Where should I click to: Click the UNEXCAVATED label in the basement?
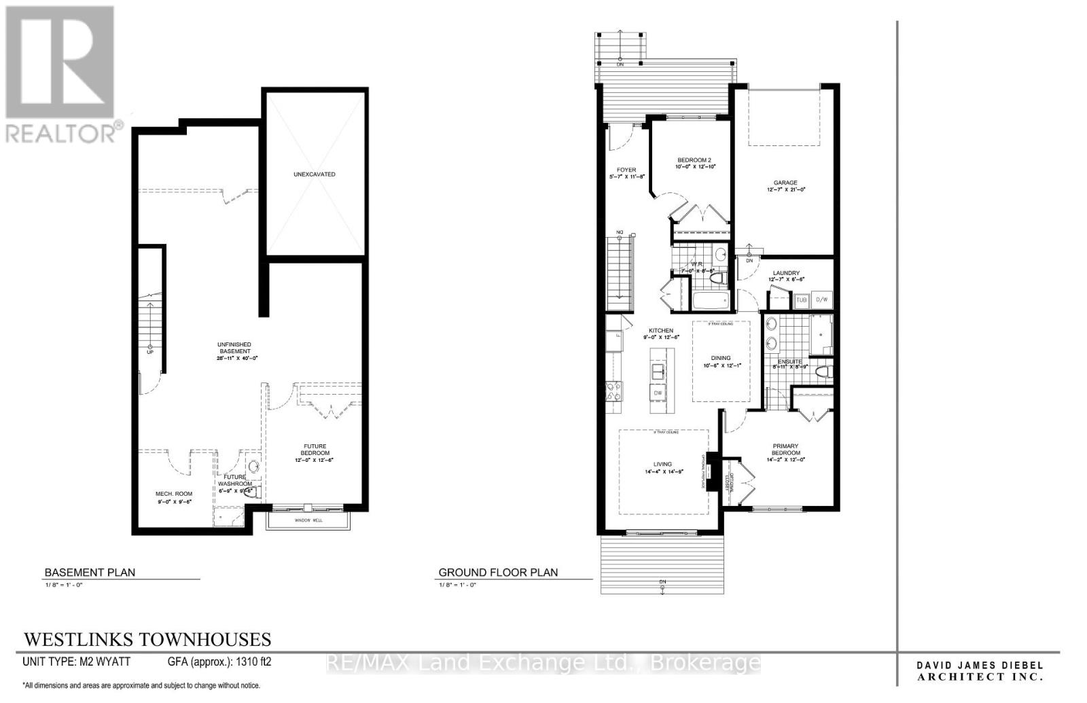pyautogui.click(x=314, y=175)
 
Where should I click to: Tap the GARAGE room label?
pyautogui.click(x=785, y=183)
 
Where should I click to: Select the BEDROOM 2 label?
pyautogui.click(x=694, y=160)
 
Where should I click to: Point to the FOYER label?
pyautogui.click(x=626, y=170)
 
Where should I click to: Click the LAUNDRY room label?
pyautogui.click(x=785, y=273)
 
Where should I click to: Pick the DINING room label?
pyautogui.click(x=721, y=358)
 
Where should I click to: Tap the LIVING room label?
pyautogui.click(x=662, y=465)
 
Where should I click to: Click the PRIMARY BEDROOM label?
pyautogui.click(x=785, y=450)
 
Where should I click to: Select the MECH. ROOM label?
pyautogui.click(x=174, y=494)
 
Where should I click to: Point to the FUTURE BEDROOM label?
pyautogui.click(x=315, y=450)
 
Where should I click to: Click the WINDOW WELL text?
pyautogui.click(x=308, y=520)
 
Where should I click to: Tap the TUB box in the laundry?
pyautogui.click(x=802, y=300)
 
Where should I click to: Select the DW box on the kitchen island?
pyautogui.click(x=658, y=393)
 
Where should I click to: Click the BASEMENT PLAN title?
pyautogui.click(x=90, y=573)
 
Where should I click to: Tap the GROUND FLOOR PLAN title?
pyautogui.click(x=498, y=573)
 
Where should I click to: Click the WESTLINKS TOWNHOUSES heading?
pyautogui.click(x=147, y=640)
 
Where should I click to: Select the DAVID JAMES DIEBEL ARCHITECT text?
pyautogui.click(x=980, y=671)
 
